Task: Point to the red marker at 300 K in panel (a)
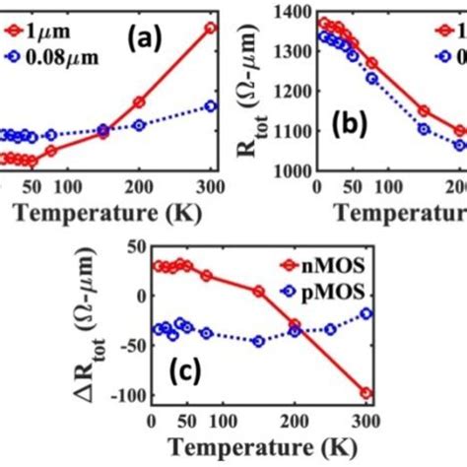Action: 209,28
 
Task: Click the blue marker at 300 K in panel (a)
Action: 209,105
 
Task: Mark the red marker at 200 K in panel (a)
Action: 139,101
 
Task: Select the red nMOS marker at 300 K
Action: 367,392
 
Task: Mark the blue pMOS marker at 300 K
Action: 367,313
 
